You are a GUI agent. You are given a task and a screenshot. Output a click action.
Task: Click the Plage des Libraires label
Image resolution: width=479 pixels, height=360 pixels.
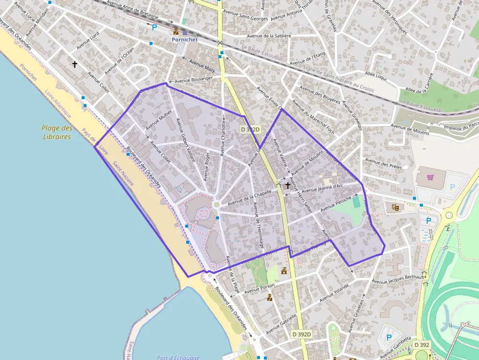(x=57, y=132)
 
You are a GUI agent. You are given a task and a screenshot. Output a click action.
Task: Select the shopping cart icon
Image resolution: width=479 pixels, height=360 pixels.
(x=431, y=177)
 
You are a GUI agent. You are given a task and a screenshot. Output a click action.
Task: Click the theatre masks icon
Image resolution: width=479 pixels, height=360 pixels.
(x=395, y=207)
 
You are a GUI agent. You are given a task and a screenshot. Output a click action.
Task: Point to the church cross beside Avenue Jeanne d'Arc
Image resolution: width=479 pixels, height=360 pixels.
(x=287, y=185)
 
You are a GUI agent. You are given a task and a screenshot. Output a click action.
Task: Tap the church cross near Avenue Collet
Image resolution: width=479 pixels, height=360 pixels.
(x=75, y=64)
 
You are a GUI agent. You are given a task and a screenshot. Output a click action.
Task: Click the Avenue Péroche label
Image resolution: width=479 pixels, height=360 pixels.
(x=336, y=205)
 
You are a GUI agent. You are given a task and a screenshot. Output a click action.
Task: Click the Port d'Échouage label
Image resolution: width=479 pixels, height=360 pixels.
(x=178, y=358)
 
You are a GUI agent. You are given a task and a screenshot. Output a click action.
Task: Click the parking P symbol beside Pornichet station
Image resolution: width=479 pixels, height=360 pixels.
(x=154, y=28)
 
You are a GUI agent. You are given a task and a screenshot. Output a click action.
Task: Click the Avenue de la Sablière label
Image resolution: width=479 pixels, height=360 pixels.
(x=269, y=36)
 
